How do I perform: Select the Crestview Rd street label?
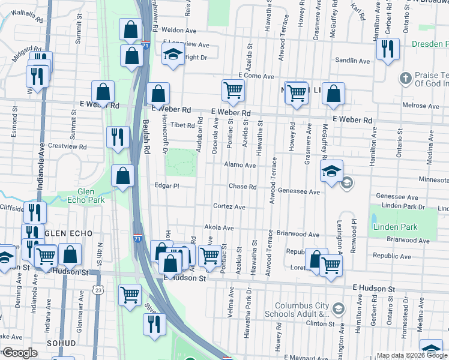tap(67, 146)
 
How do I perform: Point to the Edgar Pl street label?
tap(167, 186)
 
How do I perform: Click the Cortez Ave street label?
tap(229, 207)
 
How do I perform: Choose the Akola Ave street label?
tap(219, 228)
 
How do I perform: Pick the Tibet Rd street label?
tap(183, 125)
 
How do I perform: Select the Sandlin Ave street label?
tap(353, 61)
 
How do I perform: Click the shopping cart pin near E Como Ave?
tap(233, 91)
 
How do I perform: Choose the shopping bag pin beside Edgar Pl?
tap(123, 176)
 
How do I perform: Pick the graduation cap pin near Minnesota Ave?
tap(331, 171)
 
